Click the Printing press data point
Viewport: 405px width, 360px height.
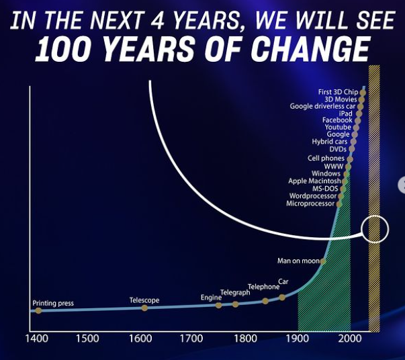pyautogui.click(x=38, y=311)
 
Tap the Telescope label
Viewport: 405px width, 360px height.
pyautogui.click(x=144, y=300)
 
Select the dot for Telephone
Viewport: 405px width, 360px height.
pyautogui.click(x=265, y=301)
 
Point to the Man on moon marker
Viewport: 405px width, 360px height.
pyautogui.click(x=323, y=261)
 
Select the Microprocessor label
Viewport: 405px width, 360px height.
pyautogui.click(x=310, y=204)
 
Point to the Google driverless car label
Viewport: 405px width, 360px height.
pyautogui.click(x=322, y=106)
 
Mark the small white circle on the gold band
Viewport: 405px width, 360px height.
pyautogui.click(x=375, y=230)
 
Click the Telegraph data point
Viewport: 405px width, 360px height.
pyautogui.click(x=235, y=304)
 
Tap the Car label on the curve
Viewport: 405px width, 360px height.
pyautogui.click(x=283, y=282)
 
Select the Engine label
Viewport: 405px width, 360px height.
pyautogui.click(x=211, y=298)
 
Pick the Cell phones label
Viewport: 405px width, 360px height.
pyautogui.click(x=326, y=159)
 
